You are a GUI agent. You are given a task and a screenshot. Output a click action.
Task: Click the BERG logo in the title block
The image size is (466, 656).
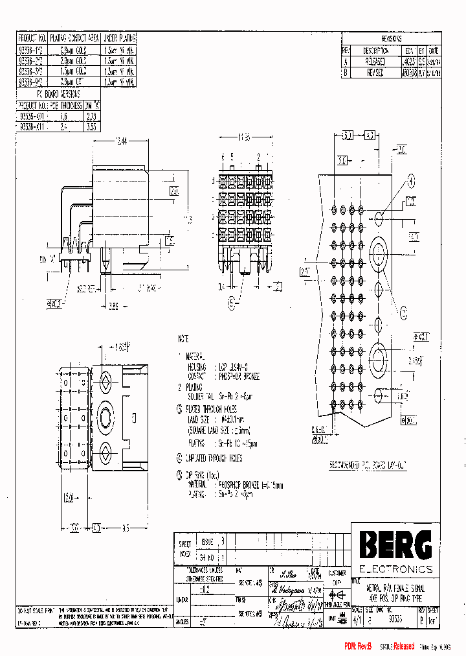pyautogui.click(x=394, y=545)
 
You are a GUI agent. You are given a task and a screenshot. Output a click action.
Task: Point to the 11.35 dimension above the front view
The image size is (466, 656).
pyautogui.click(x=244, y=138)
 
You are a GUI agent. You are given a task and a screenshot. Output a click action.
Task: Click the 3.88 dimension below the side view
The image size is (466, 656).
pyautogui.click(x=112, y=305)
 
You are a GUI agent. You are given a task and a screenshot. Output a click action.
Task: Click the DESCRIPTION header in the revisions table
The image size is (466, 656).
pyautogui.click(x=375, y=51)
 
